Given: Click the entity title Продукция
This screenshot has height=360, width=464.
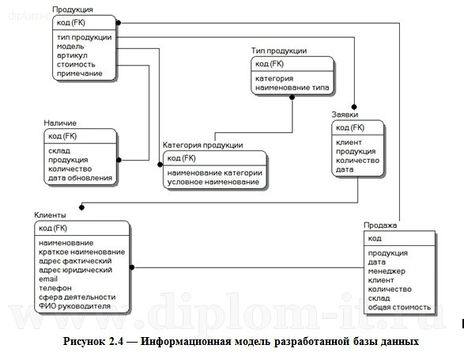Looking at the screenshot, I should click(x=72, y=9).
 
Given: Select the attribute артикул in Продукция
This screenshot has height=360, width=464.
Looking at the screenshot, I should click(x=70, y=55).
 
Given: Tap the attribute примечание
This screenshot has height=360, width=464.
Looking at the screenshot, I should click(x=79, y=74).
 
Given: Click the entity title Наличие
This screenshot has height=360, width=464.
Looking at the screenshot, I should click(x=61, y=123).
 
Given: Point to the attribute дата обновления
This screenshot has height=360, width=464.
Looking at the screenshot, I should click(x=80, y=178).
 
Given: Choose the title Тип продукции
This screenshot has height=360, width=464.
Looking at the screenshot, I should click(x=279, y=51).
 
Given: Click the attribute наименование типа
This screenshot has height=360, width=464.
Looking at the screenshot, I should click(x=292, y=89).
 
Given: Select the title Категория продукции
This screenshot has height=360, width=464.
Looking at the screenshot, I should click(x=202, y=146).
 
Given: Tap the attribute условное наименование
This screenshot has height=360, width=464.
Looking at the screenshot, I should click(x=213, y=182).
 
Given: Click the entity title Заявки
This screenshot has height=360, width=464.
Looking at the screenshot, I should click(x=345, y=114).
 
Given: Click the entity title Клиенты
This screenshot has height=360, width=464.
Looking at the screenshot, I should click(x=51, y=215).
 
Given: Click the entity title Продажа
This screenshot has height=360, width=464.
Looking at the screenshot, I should click(x=381, y=225).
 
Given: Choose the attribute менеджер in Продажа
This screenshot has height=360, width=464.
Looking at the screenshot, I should click(x=386, y=271).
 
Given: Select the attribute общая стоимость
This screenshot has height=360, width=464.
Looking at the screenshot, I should click(x=399, y=307).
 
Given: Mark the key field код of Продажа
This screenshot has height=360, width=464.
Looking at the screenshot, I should click(x=375, y=238).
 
